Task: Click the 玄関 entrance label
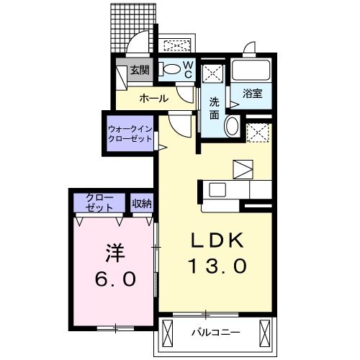pyautogui.click(x=140, y=70)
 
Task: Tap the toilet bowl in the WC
pyautogui.click(x=170, y=69)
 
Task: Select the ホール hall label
pyautogui.click(x=154, y=99)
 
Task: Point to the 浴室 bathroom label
pyautogui.click(x=252, y=93)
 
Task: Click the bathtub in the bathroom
pyautogui.click(x=251, y=70)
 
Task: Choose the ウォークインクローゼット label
pyautogui.click(x=130, y=134)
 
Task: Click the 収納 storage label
pyautogui.click(x=142, y=204)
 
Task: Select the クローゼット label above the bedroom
pyautogui.click(x=99, y=203)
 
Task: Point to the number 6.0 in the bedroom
pyautogui.click(x=115, y=279)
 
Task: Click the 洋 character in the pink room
pyautogui.click(x=115, y=253)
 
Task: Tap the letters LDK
pyautogui.click(x=217, y=240)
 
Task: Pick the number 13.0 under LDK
pyautogui.click(x=217, y=266)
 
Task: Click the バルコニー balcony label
pyautogui.click(x=216, y=333)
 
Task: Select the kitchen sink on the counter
pyautogui.click(x=217, y=189)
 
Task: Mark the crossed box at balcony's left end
pyautogui.click(x=168, y=333)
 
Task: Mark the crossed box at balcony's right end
pyautogui.click(x=265, y=333)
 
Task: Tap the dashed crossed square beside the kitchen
pyautogui.click(x=258, y=132)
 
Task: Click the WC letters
pyautogui.click(x=188, y=69)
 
